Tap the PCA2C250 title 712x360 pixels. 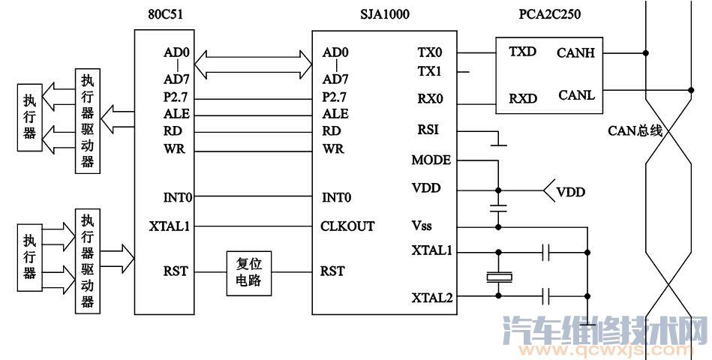pyautogui.click(x=549, y=13)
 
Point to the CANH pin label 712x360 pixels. pyautogui.click(x=576, y=52)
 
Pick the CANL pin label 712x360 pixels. pyautogui.click(x=576, y=95)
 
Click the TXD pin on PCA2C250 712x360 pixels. pyautogui.click(x=522, y=52)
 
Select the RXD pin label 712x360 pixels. pyautogui.click(x=522, y=99)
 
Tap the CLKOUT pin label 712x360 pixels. pyautogui.click(x=347, y=226)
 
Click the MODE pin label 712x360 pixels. pyautogui.click(x=431, y=160)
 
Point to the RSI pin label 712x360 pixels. pyautogui.click(x=428, y=130)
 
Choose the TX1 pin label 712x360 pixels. pyautogui.click(x=429, y=72)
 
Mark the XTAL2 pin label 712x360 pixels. pyautogui.click(x=431, y=298)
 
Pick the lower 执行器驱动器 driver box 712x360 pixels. pyautogui.click(x=89, y=261)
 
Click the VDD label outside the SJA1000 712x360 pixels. pyautogui.click(x=571, y=193)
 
